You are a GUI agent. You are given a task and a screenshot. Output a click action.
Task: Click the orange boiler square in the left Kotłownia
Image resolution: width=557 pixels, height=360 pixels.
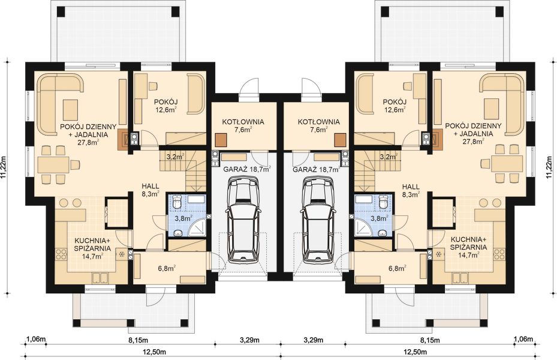(222, 139)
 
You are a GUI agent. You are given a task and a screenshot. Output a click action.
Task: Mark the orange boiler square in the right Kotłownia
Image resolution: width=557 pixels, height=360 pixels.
(341, 139)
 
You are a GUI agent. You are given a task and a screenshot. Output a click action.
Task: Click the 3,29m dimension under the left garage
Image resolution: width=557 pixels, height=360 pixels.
(249, 340)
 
